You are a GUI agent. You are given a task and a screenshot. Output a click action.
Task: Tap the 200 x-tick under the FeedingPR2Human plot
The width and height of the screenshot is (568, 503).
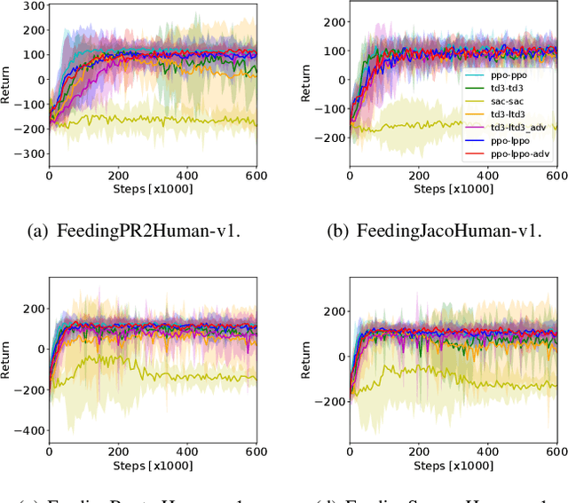point(118,177)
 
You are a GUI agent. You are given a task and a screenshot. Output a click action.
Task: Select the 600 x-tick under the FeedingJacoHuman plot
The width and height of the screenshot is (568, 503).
point(556,177)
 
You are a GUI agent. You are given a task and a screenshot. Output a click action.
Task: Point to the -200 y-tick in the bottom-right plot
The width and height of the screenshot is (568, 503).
point(333,401)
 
